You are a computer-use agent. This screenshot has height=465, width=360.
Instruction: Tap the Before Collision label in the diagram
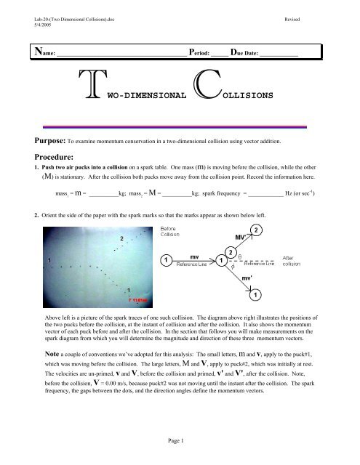[x=172, y=232]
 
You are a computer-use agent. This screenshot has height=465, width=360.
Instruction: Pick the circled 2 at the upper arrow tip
[x=256, y=230]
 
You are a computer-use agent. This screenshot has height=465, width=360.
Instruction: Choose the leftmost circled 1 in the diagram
[x=167, y=260]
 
